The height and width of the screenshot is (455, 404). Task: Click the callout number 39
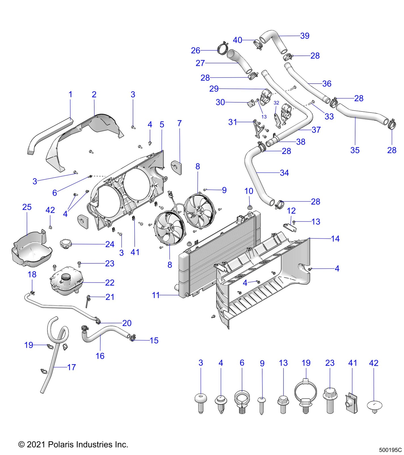pos(305,36)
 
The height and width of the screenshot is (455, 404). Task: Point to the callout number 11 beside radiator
pos(155,295)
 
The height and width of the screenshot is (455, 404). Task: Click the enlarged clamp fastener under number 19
pos(305,395)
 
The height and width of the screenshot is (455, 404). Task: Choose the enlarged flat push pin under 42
pos(374,406)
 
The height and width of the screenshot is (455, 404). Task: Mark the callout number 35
pos(355,150)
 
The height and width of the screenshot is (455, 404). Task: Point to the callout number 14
pos(335,239)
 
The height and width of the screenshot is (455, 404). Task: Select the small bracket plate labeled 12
pos(290,227)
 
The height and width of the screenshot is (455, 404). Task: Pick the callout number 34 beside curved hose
pos(284,173)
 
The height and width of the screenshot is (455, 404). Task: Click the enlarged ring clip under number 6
pos(242,402)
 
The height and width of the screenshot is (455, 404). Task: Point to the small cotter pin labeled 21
pos(88,301)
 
